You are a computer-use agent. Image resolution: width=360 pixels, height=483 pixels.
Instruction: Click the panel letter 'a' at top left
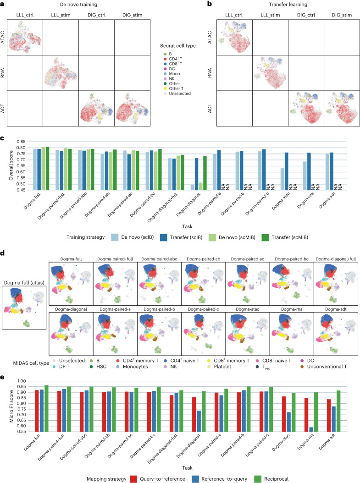(x=3, y=4)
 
